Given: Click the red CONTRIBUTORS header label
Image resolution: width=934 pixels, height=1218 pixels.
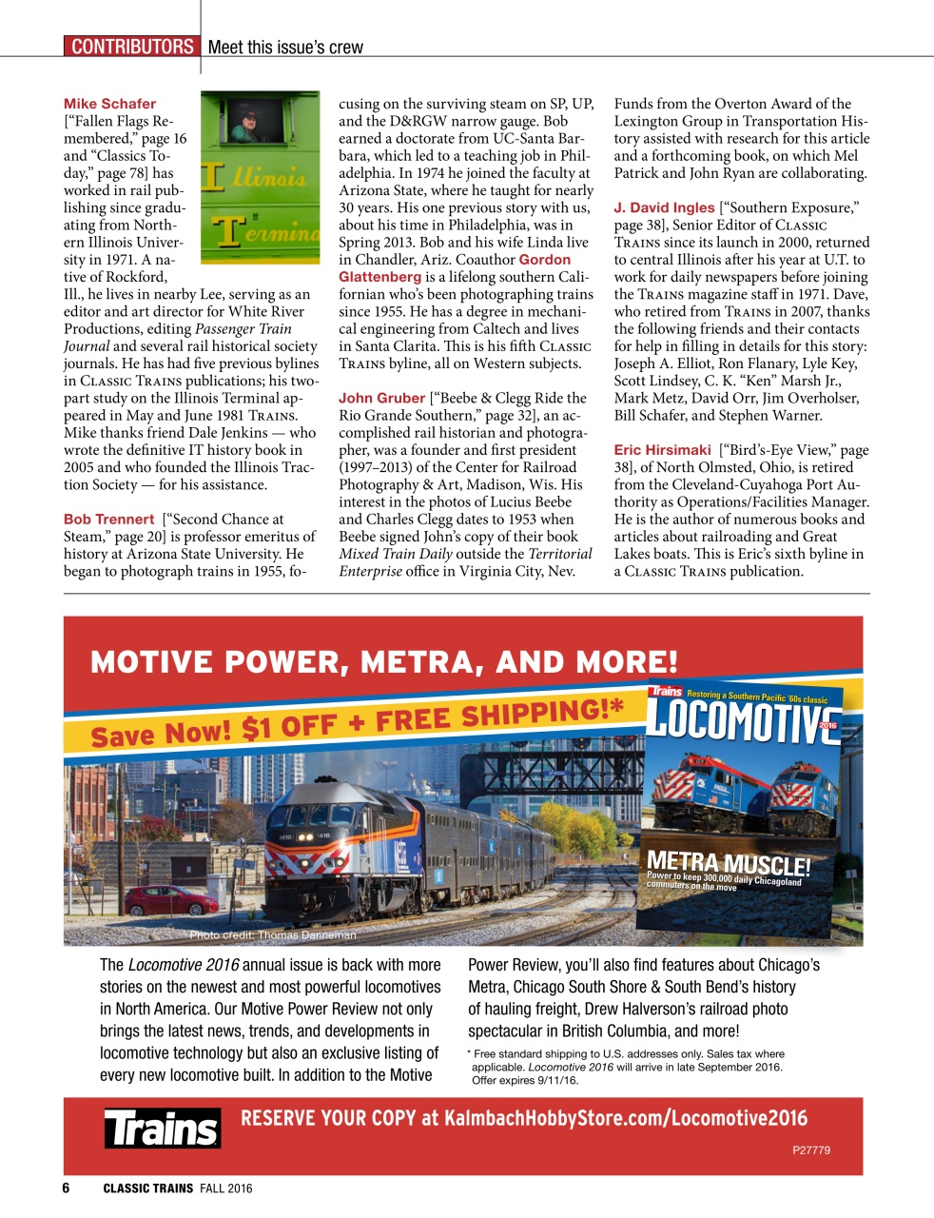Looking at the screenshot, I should [131, 47].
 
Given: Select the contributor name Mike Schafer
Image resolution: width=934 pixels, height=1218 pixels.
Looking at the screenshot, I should [109, 103].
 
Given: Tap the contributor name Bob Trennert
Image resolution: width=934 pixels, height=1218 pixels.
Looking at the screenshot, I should [108, 519].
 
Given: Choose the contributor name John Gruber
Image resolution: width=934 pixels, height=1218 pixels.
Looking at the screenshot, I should [381, 398].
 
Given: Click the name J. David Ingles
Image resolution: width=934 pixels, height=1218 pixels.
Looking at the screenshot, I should [663, 206].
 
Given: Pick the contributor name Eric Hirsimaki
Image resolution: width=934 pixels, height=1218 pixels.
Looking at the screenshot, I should [662, 449].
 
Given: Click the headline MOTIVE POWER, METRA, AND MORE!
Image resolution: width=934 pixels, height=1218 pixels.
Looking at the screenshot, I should [384, 661].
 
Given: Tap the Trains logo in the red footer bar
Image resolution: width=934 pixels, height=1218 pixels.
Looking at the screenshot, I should [162, 1129].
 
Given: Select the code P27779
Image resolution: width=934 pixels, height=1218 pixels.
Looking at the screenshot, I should [810, 1149].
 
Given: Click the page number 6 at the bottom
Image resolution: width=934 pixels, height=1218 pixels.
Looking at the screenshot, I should [66, 1188].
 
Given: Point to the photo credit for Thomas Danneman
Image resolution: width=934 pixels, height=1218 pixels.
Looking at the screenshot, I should [272, 935].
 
